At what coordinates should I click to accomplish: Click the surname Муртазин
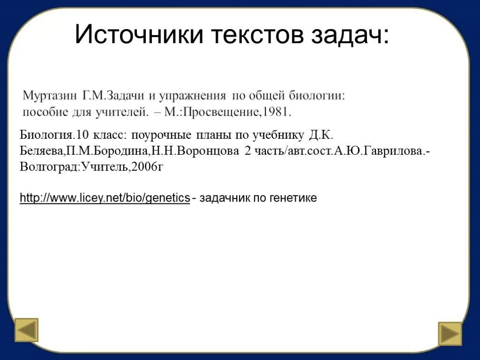click(50, 96)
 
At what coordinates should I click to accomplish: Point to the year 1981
click(278, 112)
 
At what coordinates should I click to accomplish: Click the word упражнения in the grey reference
click(192, 96)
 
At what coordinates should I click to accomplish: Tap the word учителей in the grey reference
click(124, 112)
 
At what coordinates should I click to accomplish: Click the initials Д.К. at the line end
click(321, 136)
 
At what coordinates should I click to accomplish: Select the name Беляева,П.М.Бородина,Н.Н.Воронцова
click(129, 151)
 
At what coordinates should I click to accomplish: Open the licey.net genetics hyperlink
click(105, 198)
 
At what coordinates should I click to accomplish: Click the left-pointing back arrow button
click(27, 330)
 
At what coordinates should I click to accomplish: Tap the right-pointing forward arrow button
click(450, 333)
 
